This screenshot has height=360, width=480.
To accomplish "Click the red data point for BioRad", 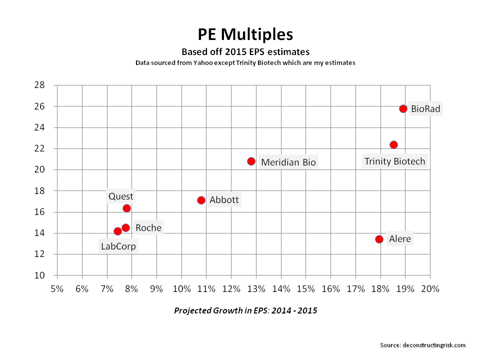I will (x=403, y=108).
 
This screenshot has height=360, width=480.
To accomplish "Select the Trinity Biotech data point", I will (x=393, y=144).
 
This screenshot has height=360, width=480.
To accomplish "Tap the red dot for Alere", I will (x=379, y=239).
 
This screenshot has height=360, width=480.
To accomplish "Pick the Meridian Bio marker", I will (x=251, y=161).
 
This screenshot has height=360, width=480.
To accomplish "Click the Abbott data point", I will (x=201, y=200).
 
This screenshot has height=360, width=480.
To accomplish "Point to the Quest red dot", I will (x=126, y=208).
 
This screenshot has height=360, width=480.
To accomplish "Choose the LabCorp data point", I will (x=117, y=231).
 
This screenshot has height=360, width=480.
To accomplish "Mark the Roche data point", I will (x=125, y=227).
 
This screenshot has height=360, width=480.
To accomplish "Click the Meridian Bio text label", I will (x=288, y=162).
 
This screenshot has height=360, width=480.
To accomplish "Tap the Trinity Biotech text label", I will (x=394, y=161).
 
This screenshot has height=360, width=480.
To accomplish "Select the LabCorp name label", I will (x=118, y=246).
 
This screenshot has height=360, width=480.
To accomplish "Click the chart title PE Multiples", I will (x=245, y=34).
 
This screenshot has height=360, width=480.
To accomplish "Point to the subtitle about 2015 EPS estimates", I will (x=245, y=51).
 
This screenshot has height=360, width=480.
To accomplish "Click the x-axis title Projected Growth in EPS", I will (x=245, y=310).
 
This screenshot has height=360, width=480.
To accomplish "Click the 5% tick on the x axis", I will (x=57, y=289).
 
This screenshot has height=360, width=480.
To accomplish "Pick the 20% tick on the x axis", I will (x=430, y=289).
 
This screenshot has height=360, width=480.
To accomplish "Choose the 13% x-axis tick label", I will (x=256, y=289).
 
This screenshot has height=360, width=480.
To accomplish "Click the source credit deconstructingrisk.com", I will (x=423, y=345).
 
